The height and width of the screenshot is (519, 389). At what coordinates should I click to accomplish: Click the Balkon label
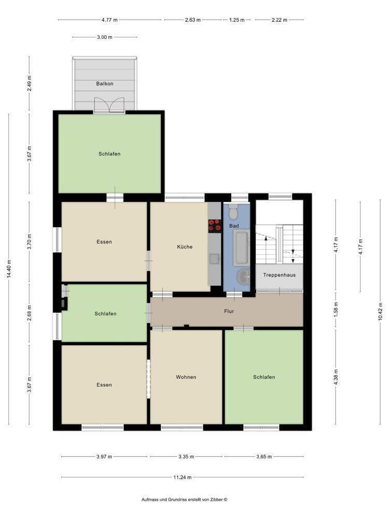click(x=104, y=84)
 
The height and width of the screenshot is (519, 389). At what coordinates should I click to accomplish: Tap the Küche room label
click(x=184, y=247)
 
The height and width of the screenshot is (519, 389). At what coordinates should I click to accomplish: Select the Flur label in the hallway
click(x=229, y=312)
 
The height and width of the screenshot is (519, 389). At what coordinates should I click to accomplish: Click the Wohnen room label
click(x=186, y=377)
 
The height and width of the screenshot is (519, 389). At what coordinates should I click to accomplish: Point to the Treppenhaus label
click(x=279, y=275)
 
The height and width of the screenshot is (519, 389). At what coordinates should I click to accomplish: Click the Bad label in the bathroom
click(x=234, y=226)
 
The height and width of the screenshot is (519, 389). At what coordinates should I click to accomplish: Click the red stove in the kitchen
click(x=214, y=225)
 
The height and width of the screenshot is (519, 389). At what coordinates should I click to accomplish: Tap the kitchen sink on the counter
click(x=214, y=258)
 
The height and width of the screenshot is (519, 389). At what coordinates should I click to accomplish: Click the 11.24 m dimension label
click(x=183, y=477)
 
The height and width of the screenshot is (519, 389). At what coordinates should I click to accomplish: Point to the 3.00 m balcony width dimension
click(x=104, y=37)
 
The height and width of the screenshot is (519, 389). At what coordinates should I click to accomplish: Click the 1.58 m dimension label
click(x=336, y=310)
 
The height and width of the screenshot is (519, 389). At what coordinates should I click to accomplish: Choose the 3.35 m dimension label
click(x=186, y=457)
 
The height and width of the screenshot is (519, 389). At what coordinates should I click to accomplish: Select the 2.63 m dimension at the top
click(x=192, y=20)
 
